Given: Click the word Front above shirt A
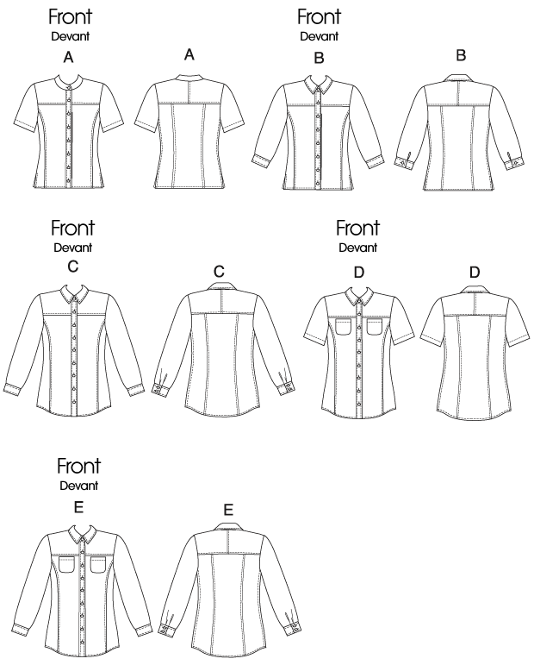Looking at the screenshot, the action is [x=71, y=17].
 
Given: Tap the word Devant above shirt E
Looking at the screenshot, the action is [x=79, y=486].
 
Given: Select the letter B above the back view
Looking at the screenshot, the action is [x=461, y=55].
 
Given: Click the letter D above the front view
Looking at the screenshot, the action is [x=358, y=273].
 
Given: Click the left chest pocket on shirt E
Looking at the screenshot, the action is [x=67, y=565].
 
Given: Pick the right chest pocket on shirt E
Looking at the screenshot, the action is [x=99, y=565].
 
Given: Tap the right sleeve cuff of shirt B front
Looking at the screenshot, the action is [x=376, y=161].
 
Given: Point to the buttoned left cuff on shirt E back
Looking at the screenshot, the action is [x=167, y=629].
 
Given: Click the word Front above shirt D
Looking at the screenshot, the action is [x=357, y=229].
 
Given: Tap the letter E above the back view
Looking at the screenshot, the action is [x=228, y=510].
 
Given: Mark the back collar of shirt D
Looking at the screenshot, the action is [x=475, y=290].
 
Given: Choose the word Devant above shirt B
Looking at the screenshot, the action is [x=320, y=36].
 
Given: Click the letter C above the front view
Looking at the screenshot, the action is [x=73, y=267].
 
